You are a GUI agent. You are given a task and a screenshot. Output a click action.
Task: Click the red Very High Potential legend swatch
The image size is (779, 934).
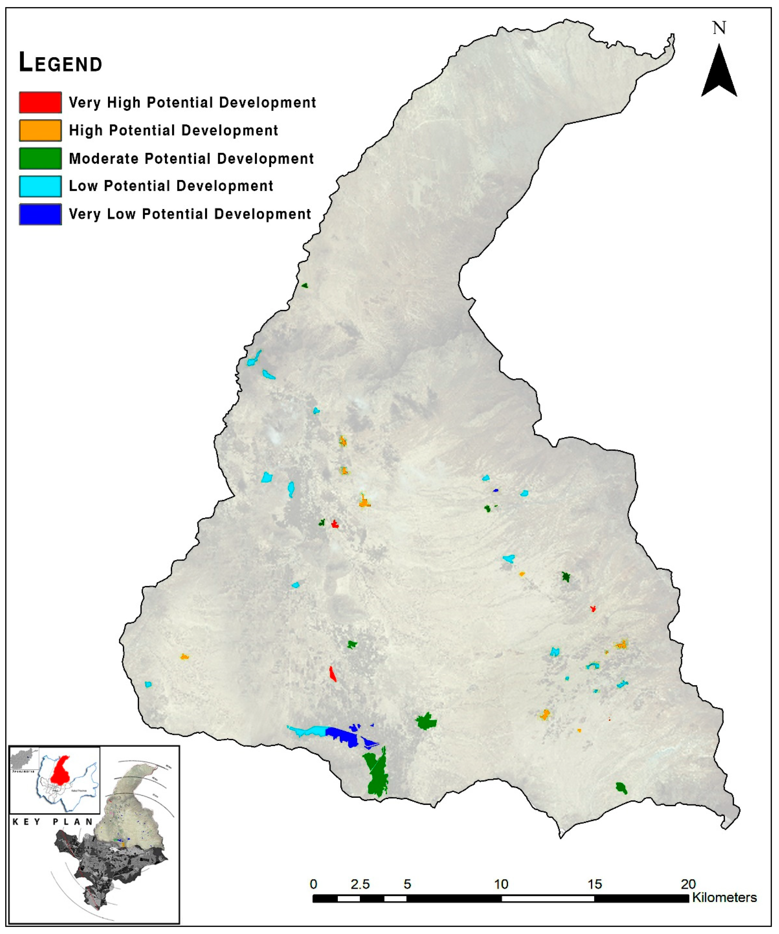pos(40,102)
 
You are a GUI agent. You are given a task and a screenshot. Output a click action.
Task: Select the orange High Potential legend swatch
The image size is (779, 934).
pos(40,130)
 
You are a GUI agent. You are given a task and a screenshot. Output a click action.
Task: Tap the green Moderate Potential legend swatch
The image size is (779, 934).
pos(40,158)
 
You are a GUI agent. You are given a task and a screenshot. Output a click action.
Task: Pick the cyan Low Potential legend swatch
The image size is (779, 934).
pos(40,186)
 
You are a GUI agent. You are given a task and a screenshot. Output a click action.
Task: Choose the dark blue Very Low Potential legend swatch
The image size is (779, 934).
pos(40,214)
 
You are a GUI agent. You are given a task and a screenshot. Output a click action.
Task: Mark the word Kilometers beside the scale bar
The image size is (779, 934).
pos(724,898)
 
